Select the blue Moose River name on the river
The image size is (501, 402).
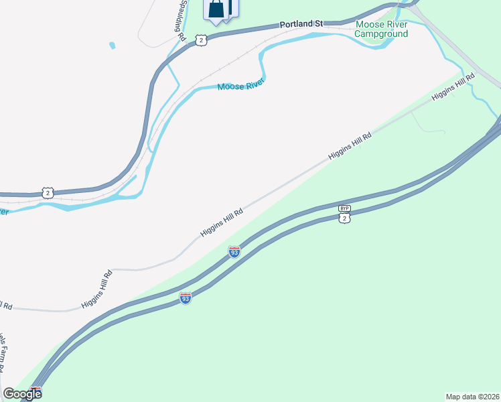240,85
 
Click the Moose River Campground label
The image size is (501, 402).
380,29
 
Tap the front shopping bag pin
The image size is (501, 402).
216,9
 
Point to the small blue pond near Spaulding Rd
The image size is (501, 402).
112,46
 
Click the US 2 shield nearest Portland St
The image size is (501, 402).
201,40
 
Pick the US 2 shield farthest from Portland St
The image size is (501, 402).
47,192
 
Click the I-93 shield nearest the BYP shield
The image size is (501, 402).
234,252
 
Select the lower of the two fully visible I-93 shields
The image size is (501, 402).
186,297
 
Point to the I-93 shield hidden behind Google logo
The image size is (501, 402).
35,391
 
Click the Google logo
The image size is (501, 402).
22,393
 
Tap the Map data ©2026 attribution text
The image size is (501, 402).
472,396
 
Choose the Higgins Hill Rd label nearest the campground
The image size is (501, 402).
453,86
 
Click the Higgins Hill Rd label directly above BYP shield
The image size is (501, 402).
350,145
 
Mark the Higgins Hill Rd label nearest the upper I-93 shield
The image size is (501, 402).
221,222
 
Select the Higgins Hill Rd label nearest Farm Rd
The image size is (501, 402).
98,289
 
